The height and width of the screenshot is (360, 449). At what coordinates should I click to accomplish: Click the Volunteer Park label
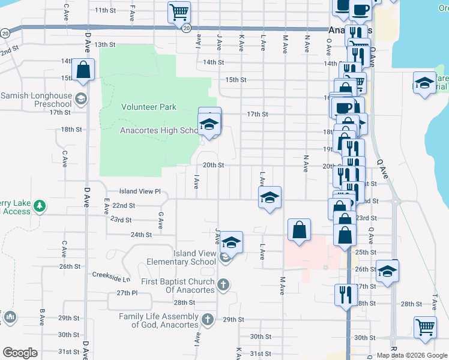[149, 107]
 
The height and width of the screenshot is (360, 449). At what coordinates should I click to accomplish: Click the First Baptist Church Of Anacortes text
[178, 286]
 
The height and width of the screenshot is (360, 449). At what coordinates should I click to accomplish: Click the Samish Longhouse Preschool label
[36, 100]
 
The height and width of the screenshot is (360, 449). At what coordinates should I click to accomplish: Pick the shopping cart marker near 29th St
[425, 327]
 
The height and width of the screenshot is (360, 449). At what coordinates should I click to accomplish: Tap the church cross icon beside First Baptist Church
[223, 284]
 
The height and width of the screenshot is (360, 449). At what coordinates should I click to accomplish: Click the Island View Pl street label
[140, 191]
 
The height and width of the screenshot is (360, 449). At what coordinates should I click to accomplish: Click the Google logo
[20, 353]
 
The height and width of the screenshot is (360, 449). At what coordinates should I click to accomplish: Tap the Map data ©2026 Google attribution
[412, 355]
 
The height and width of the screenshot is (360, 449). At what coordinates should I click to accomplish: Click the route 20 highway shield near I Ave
[187, 28]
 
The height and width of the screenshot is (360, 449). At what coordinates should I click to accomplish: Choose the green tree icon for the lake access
[40, 206]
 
